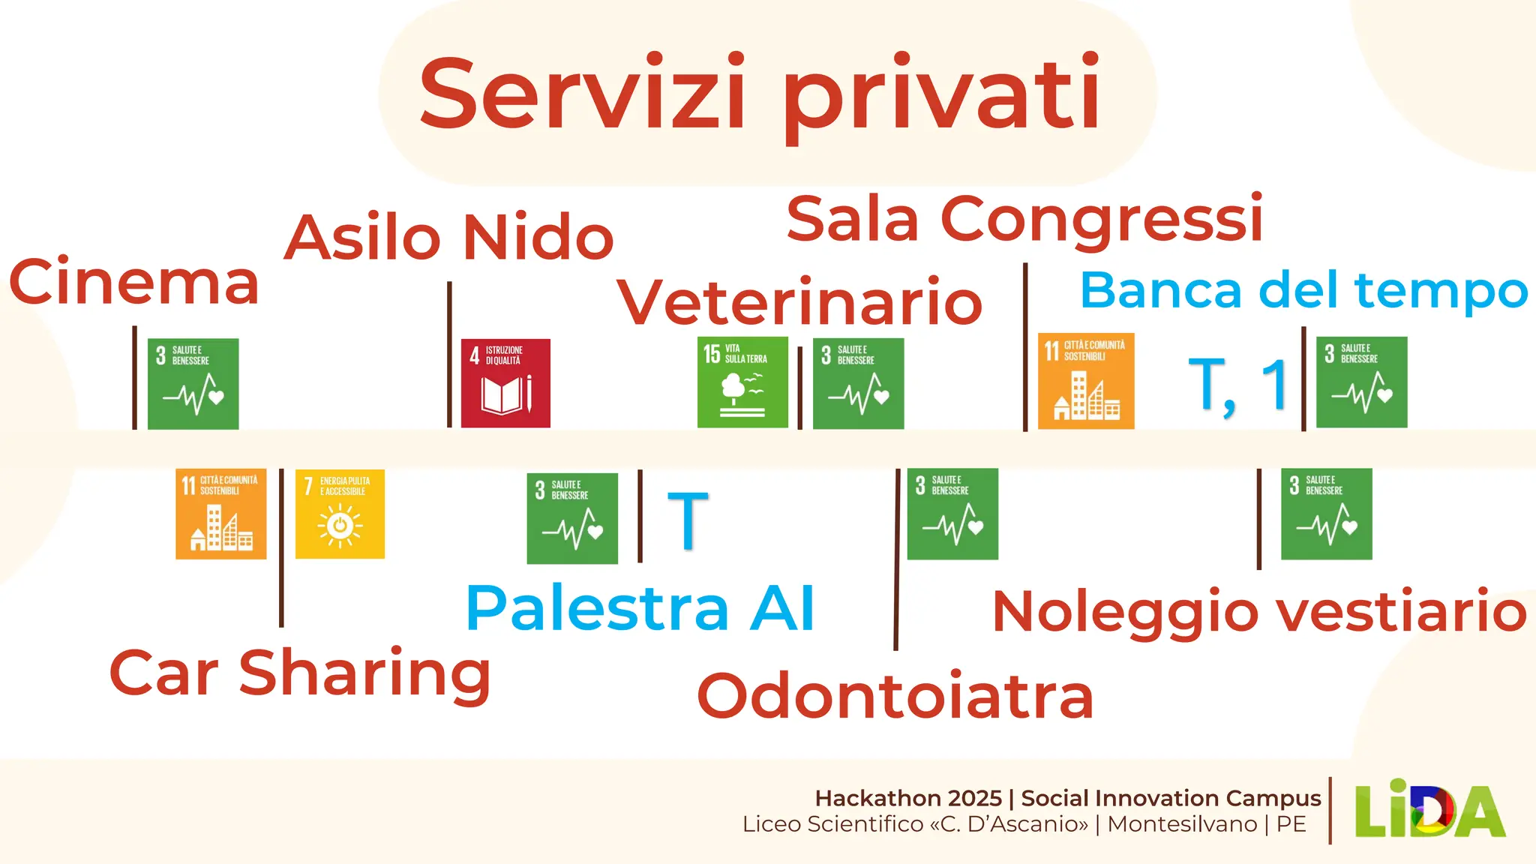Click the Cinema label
click(x=134, y=282)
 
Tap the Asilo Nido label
click(x=449, y=237)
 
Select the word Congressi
click(x=1101, y=219)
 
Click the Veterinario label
click(x=799, y=301)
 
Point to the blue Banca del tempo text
click(x=1303, y=290)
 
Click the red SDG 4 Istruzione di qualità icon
click(x=505, y=383)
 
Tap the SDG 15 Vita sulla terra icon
click(x=742, y=382)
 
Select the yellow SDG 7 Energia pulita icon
click(x=340, y=514)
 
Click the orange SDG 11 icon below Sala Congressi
click(x=1085, y=381)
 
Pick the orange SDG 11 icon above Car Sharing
click(x=220, y=514)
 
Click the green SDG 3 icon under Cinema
click(x=193, y=384)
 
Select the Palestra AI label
click(x=640, y=607)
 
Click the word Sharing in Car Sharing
click(x=364, y=673)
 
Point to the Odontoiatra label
click(x=895, y=696)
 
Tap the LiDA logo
click(x=1429, y=810)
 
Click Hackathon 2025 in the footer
click(x=907, y=798)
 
